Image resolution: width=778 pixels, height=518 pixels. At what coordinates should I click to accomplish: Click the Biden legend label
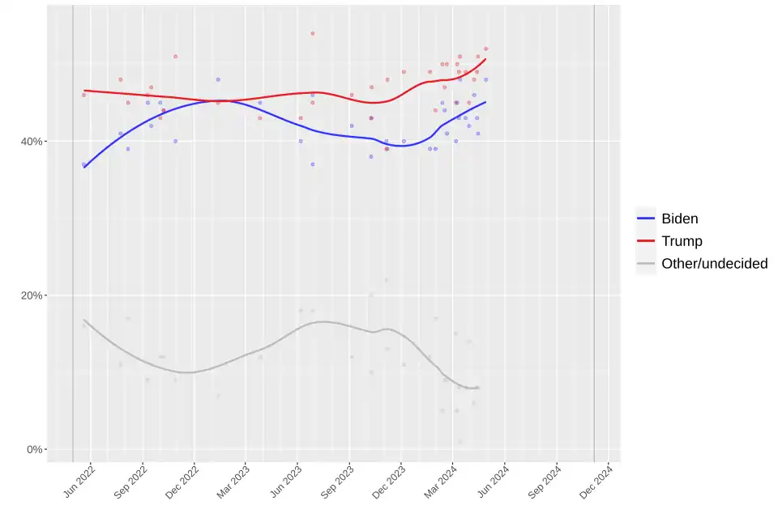(679, 219)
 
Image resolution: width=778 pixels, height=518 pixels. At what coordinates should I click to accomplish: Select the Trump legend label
(682, 241)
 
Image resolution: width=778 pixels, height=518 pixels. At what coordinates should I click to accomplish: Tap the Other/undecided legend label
(714, 264)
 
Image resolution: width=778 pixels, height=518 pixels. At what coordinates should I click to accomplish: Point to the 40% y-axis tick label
(32, 142)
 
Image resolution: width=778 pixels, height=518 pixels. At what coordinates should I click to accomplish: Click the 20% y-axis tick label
(32, 295)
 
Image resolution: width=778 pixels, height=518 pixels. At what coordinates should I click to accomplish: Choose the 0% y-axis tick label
(35, 449)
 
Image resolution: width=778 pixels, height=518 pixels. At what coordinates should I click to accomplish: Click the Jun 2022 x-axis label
(79, 480)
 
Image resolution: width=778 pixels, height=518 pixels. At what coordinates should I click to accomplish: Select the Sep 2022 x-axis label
(130, 480)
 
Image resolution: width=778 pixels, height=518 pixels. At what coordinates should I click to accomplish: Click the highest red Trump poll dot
(313, 33)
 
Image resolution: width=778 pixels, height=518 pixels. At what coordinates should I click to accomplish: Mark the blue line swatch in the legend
(646, 219)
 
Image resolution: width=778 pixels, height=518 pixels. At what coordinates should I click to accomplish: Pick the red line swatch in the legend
(646, 241)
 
